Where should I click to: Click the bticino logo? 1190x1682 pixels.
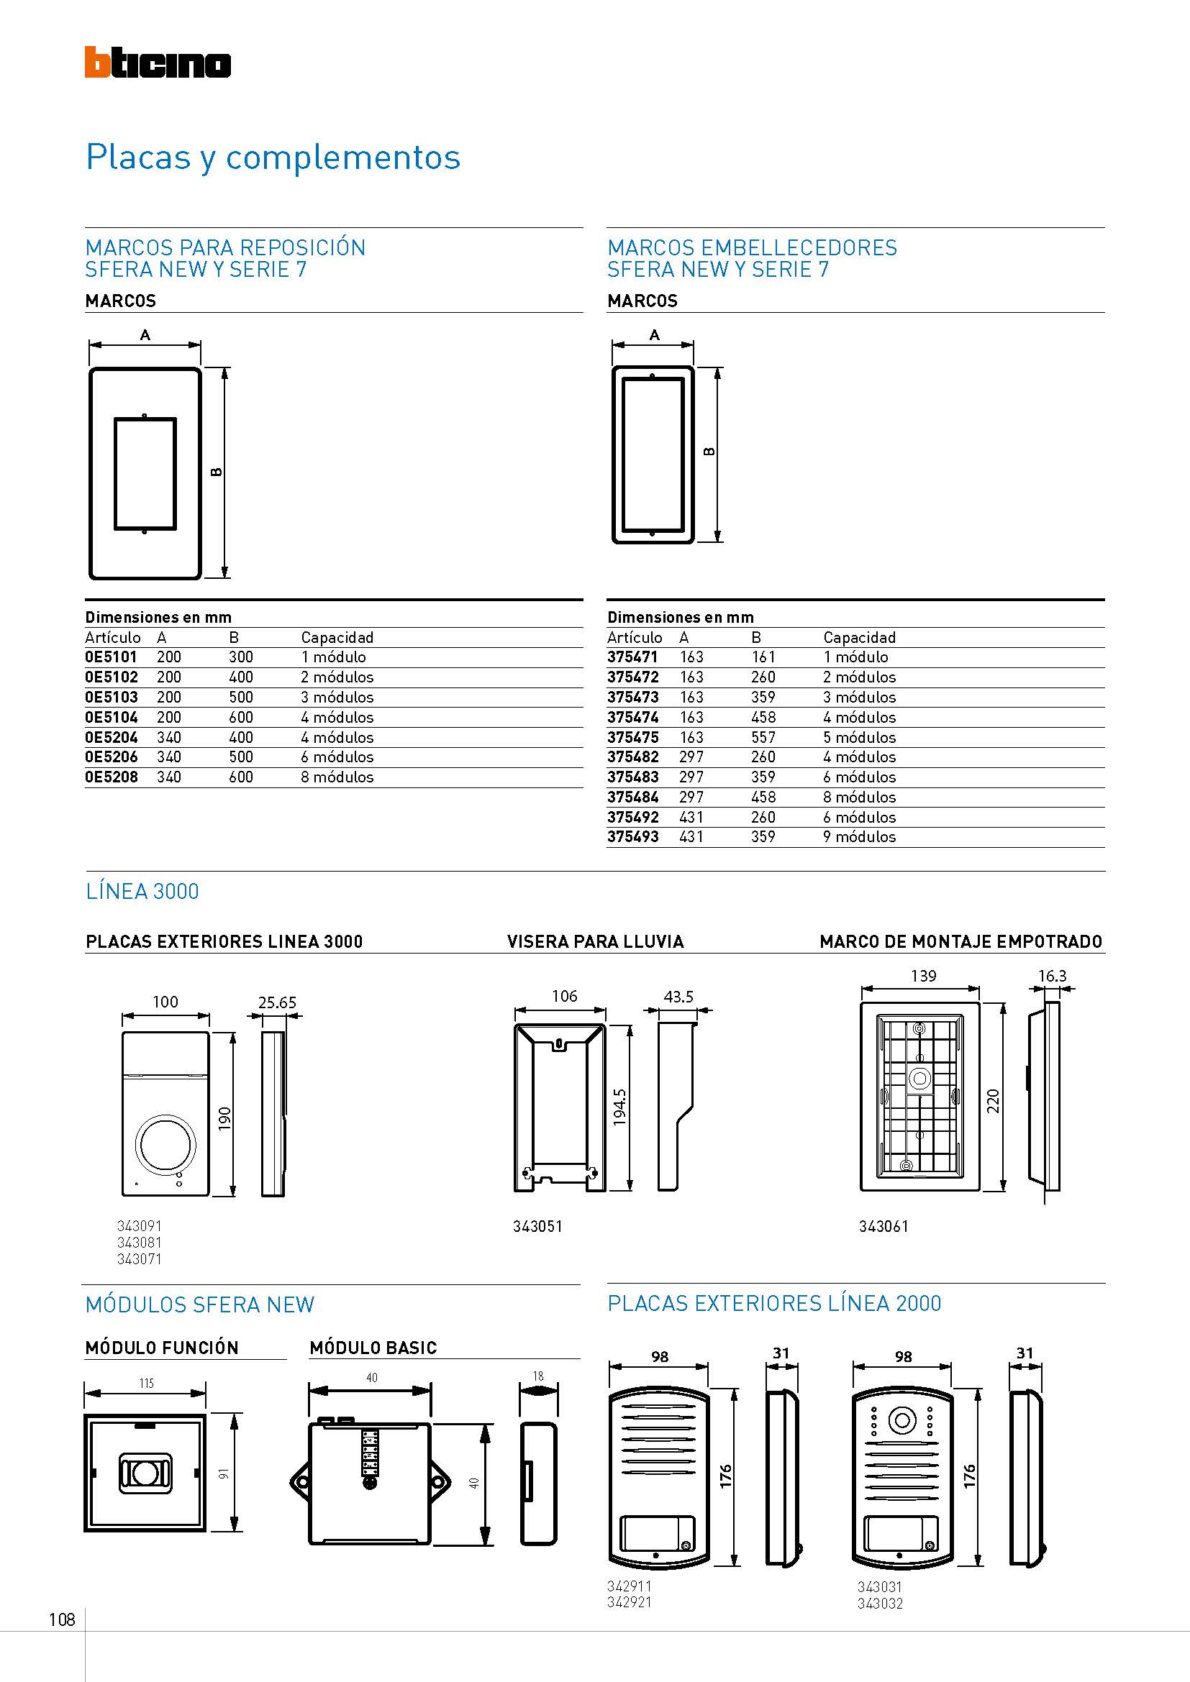click(x=158, y=63)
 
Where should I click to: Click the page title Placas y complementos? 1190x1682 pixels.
click(x=273, y=157)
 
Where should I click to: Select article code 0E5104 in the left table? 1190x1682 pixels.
click(x=112, y=717)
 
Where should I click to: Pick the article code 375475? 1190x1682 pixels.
click(x=632, y=737)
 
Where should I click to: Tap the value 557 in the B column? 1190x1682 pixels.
click(x=763, y=737)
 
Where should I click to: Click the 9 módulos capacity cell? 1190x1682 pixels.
click(x=859, y=836)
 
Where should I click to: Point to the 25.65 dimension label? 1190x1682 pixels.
click(x=277, y=1002)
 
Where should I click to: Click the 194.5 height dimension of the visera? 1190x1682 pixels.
click(x=620, y=1107)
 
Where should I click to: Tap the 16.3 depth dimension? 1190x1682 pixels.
click(x=1053, y=976)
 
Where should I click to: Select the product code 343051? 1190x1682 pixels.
click(x=537, y=1226)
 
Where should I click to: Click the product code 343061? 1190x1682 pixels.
click(x=883, y=1226)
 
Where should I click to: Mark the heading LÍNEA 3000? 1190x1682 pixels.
click(x=142, y=892)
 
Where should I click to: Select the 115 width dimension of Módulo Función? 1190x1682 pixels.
click(x=146, y=1383)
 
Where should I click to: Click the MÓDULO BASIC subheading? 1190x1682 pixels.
click(x=373, y=1348)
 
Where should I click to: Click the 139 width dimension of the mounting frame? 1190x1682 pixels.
click(x=923, y=976)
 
